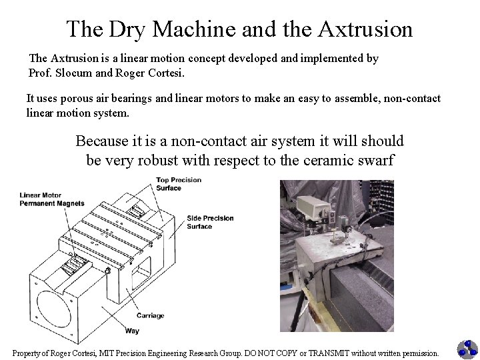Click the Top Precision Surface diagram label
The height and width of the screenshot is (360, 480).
pos(179,184)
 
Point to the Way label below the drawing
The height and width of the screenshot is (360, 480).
pos(132,331)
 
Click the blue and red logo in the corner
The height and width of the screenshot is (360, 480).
pos(466,349)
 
